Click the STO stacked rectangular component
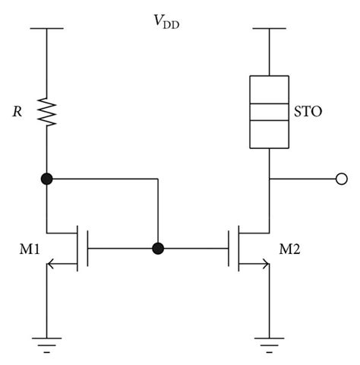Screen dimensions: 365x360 click(270, 112)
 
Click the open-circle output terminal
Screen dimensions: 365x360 click(341, 179)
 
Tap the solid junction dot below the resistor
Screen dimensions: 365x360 click(47, 179)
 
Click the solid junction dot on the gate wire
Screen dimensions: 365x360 click(157, 248)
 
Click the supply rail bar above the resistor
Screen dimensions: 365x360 click(47, 30)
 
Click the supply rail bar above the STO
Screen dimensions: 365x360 click(270, 30)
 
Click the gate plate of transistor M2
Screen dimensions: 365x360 click(229, 248)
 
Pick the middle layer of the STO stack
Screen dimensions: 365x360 click(270, 112)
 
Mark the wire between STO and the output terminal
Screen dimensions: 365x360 click(304, 179)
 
